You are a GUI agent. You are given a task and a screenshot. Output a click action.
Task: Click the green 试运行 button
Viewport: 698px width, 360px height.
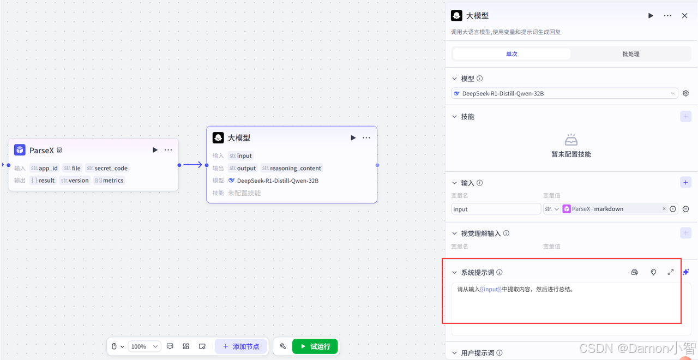[315, 346]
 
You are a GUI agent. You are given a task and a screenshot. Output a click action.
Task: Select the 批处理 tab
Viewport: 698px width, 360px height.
[630, 54]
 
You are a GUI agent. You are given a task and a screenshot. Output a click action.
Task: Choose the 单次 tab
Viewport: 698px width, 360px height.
[512, 54]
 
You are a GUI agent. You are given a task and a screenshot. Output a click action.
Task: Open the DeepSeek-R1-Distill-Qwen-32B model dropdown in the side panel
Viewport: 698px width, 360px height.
[564, 93]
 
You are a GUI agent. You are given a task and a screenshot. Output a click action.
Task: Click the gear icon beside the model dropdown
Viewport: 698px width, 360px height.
[685, 93]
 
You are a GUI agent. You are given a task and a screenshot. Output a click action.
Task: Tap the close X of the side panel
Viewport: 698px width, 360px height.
[684, 16]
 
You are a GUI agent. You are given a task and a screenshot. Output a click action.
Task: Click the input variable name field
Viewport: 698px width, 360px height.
[496, 209]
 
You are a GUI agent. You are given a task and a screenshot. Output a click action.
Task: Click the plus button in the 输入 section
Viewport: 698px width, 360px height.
[685, 183]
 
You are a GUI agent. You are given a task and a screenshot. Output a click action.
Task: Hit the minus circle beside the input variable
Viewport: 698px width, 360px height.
[685, 209]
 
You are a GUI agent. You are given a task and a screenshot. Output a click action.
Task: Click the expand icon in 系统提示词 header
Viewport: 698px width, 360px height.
[670, 272]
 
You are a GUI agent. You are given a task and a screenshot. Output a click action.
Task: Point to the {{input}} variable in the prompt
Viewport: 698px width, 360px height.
[491, 290]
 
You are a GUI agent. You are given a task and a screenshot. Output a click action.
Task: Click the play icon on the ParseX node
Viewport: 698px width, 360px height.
[155, 150]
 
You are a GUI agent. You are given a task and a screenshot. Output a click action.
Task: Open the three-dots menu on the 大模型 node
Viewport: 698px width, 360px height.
[366, 138]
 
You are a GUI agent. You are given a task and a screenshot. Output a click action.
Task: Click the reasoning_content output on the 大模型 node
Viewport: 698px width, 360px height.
[292, 168]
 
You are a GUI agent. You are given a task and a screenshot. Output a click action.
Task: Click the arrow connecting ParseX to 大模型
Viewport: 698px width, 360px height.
[192, 165]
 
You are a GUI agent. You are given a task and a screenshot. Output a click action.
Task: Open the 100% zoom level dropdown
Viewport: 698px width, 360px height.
[145, 346]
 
